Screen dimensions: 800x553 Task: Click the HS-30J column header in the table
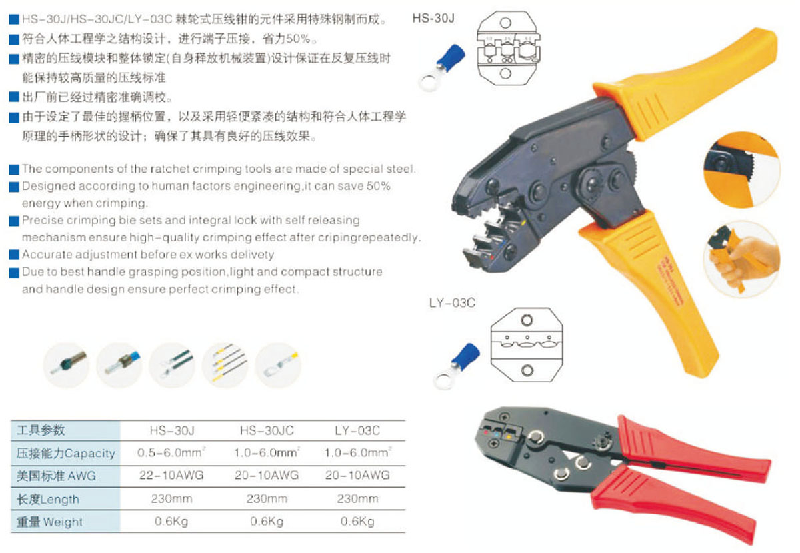tap(172, 430)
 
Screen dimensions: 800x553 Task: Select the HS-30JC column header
tap(267, 430)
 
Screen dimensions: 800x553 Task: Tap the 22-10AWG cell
tap(171, 475)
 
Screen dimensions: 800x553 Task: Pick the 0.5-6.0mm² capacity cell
tap(171, 452)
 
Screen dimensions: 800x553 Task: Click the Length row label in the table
tap(48, 499)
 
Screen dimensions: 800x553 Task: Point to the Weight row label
tap(49, 522)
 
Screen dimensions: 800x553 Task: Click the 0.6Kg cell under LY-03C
tap(357, 522)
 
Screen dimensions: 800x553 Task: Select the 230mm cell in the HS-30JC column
tap(267, 498)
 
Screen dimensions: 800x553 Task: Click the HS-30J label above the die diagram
tap(433, 18)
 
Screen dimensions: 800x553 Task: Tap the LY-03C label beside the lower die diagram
tap(452, 303)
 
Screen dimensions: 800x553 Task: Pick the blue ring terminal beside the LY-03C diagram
tap(457, 366)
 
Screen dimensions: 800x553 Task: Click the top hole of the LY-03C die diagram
tap(527, 320)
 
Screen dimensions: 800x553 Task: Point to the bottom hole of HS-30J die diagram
tap(505, 73)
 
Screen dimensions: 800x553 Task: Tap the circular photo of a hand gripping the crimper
tap(742, 259)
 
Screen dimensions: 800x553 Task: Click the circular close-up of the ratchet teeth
tap(742, 169)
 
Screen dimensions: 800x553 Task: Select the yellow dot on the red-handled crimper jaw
tap(508, 436)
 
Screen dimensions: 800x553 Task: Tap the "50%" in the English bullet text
tap(379, 186)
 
